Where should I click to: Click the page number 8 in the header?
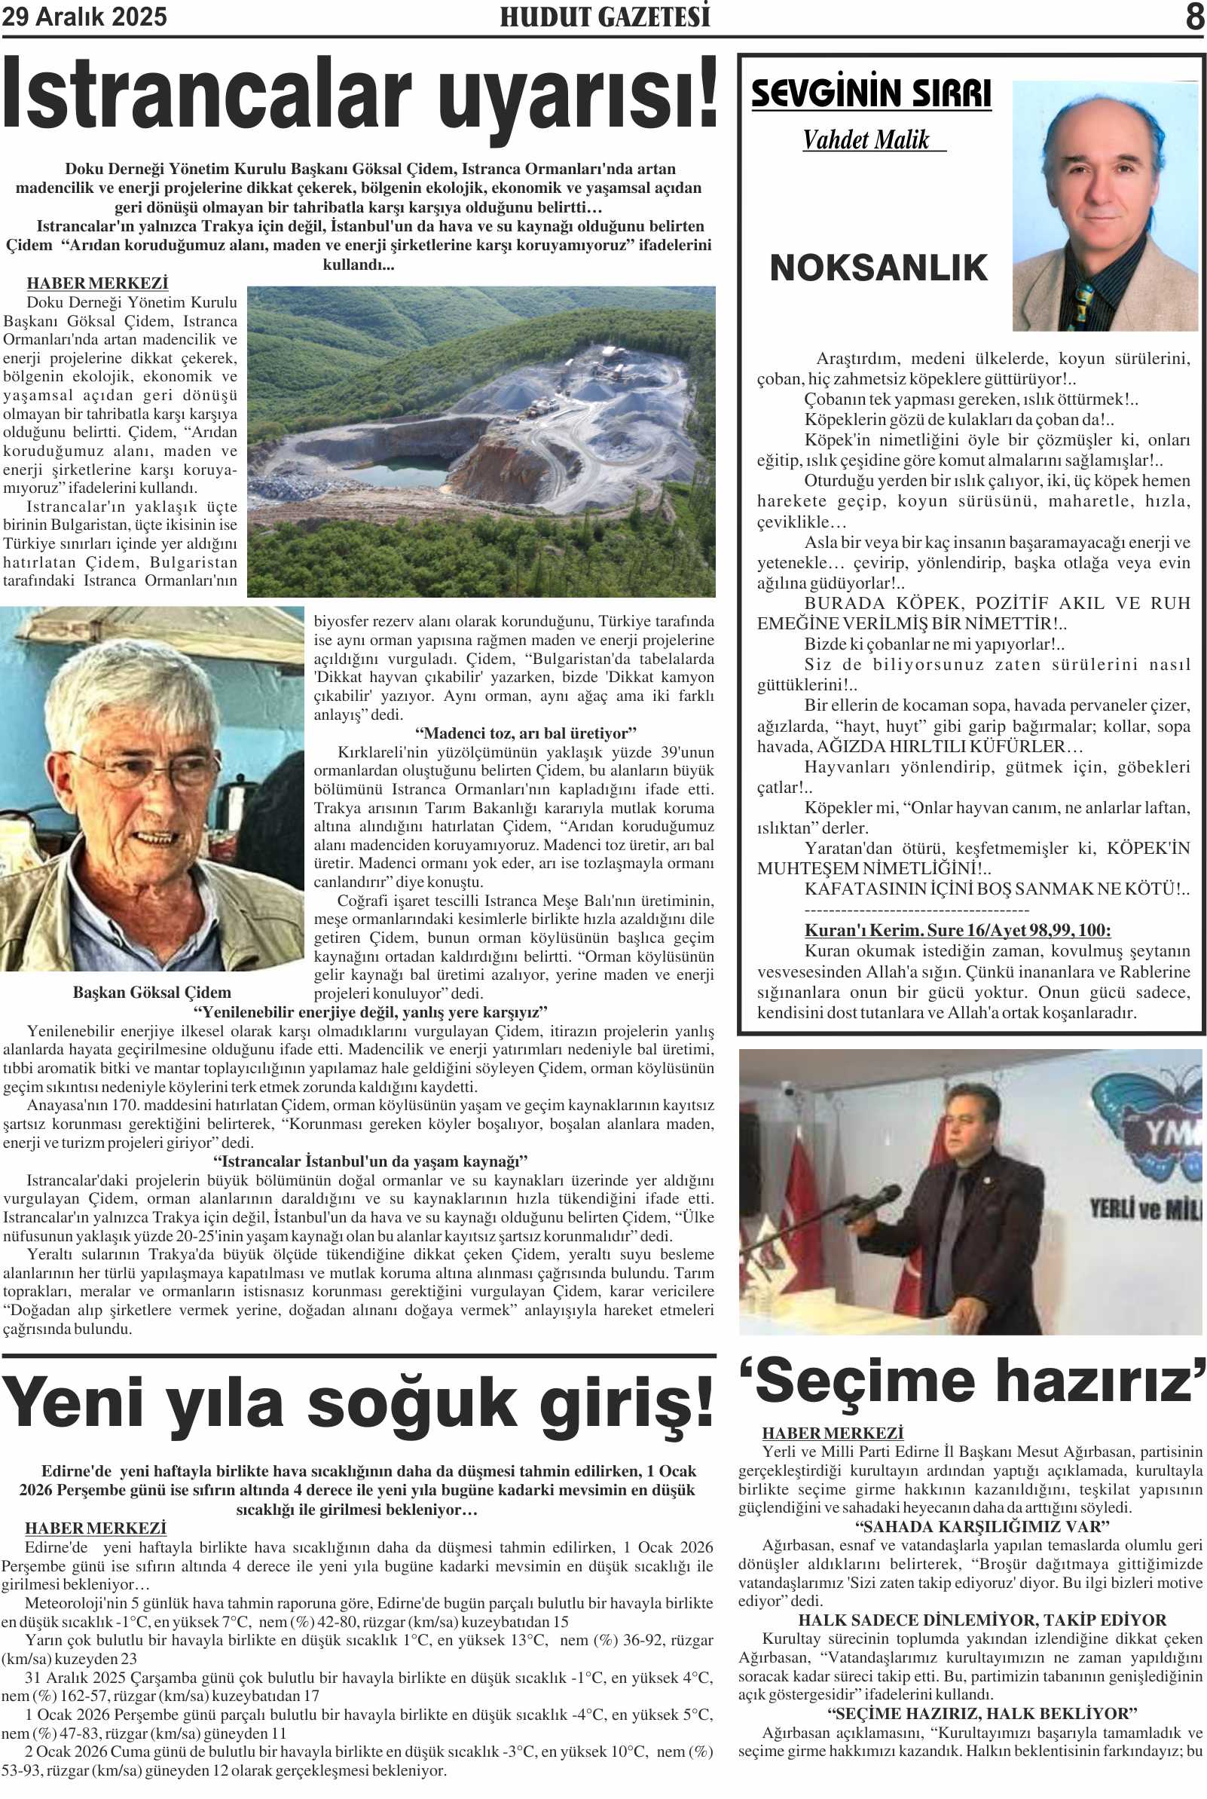tap(1194, 16)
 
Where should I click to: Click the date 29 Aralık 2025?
tap(84, 16)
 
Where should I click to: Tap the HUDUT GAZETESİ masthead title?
tap(604, 17)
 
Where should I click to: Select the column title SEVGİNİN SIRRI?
tap(871, 94)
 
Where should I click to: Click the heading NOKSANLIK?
tap(879, 268)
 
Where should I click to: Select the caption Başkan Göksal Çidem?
tap(151, 993)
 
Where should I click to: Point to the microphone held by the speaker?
tap(874, 1202)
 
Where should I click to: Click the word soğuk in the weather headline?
tap(411, 1403)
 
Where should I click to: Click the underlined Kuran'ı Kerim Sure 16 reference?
tap(958, 930)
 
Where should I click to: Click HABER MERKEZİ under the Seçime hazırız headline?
tap(833, 1433)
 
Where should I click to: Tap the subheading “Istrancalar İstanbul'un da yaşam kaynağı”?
tap(370, 1161)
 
